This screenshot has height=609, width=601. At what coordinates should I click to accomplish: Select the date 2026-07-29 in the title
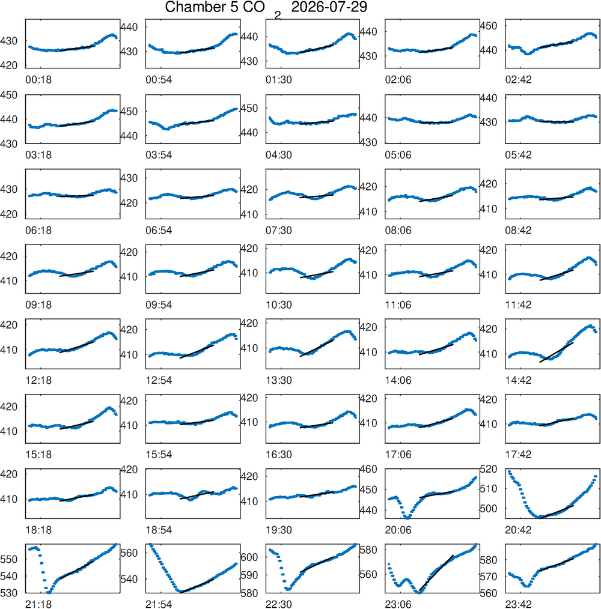click(329, 7)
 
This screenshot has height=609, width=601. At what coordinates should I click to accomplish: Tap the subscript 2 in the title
click(278, 16)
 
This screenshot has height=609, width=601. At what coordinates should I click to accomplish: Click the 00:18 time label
click(38, 80)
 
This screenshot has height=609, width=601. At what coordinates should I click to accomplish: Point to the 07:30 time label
click(279, 230)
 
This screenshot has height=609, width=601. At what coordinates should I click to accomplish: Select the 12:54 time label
click(159, 380)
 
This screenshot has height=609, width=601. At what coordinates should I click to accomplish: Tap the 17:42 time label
click(518, 455)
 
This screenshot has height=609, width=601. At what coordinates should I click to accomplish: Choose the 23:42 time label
click(518, 604)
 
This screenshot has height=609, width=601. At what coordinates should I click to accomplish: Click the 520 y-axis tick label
click(489, 469)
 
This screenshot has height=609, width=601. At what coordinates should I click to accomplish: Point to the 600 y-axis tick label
click(249, 557)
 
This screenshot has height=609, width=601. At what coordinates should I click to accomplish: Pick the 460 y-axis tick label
click(368, 469)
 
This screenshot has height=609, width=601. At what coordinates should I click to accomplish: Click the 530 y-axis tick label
click(8, 593)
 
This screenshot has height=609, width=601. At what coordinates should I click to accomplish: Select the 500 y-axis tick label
click(489, 509)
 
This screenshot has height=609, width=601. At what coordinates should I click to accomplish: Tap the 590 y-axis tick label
click(249, 575)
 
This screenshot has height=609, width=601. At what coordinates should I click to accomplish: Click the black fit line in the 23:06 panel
click(436, 574)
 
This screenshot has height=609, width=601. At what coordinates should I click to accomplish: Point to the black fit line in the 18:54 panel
click(197, 495)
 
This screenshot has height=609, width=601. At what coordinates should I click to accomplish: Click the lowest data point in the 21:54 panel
click(180, 592)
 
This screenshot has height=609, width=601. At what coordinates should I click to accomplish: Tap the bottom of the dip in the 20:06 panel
click(407, 517)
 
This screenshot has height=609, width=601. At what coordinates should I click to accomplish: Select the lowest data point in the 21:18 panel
click(48, 592)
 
